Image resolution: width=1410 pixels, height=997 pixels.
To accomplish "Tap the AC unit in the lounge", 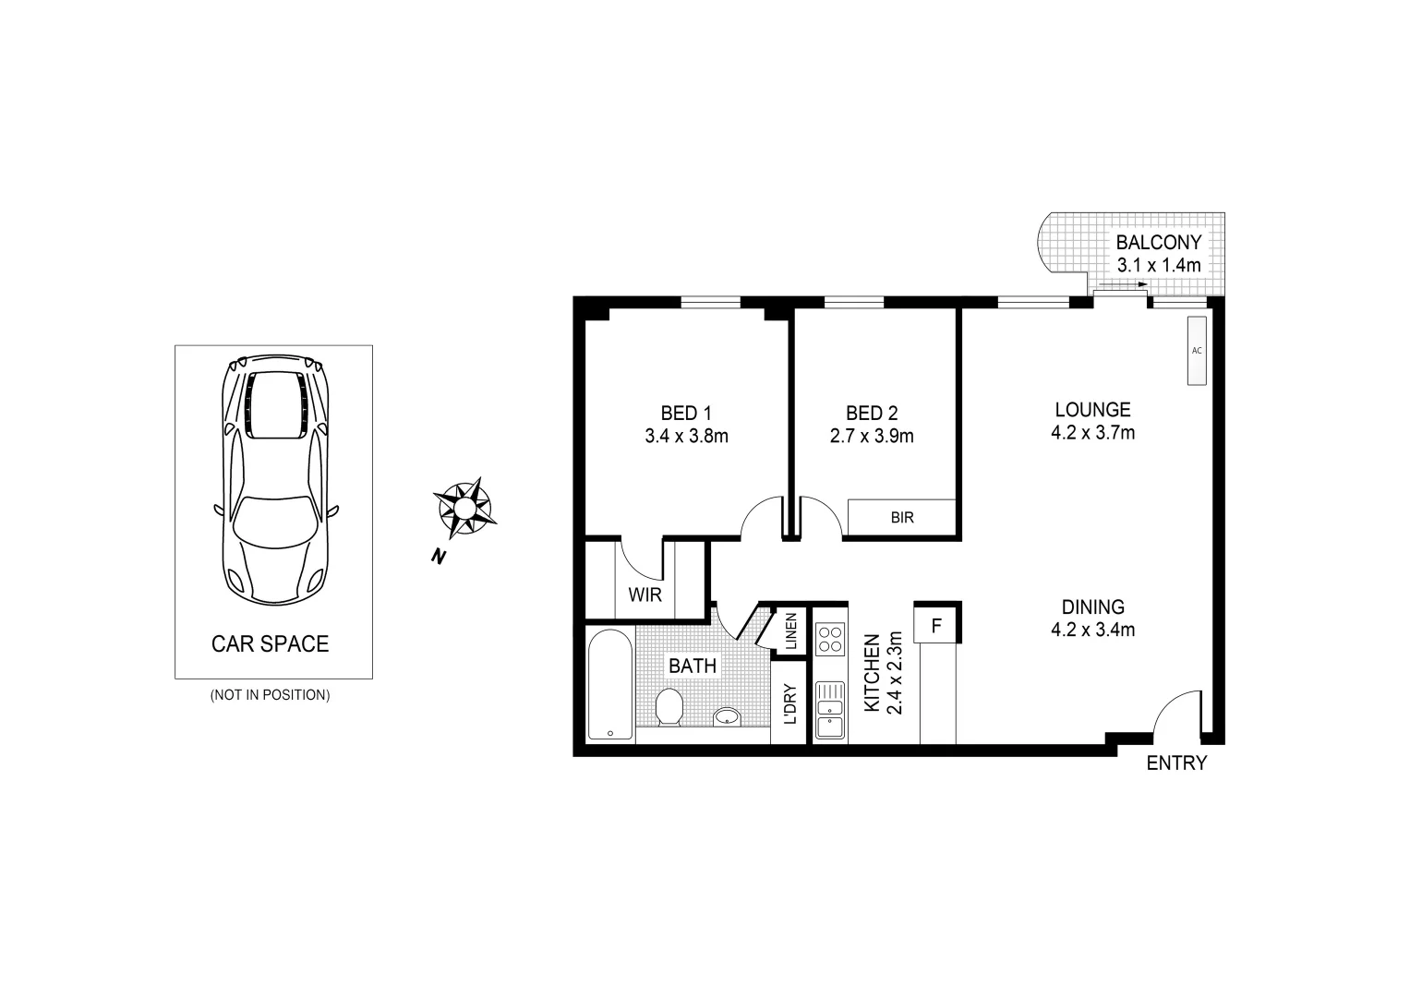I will [x=1197, y=351].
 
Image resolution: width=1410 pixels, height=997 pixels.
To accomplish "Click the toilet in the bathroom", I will [x=669, y=707].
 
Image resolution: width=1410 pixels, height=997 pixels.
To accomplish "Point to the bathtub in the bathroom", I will [x=609, y=684].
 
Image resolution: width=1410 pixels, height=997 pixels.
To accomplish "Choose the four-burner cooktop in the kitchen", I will [x=830, y=638].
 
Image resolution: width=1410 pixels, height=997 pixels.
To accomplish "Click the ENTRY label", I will [x=1175, y=763].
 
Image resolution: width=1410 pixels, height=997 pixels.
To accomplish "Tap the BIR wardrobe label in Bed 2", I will [x=902, y=518].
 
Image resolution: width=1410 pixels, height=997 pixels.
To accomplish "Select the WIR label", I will [x=645, y=595].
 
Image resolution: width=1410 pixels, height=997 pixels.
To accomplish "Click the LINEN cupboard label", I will [x=791, y=631].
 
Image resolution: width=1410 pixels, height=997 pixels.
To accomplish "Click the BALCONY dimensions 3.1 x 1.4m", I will [x=1159, y=266].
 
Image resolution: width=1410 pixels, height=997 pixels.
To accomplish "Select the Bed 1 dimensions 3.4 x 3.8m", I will [x=686, y=436].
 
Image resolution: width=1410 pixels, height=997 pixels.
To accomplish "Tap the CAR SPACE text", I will [x=270, y=643].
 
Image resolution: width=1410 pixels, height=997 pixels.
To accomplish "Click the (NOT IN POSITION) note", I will [x=270, y=695].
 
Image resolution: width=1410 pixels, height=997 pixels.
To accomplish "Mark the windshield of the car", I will [x=273, y=521].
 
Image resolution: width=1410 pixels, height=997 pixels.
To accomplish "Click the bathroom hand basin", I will [x=729, y=716].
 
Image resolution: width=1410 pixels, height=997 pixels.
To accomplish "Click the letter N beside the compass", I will [x=438, y=556].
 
